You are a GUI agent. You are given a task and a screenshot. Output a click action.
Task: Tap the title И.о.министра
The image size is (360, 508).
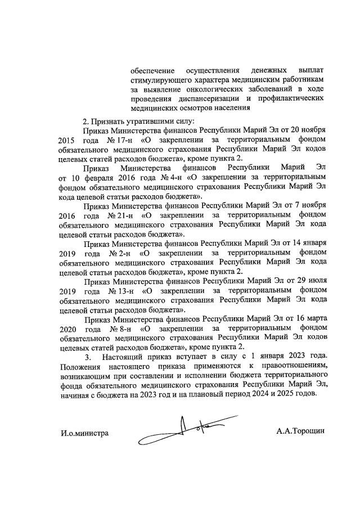pyautogui.click(x=84, y=433)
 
